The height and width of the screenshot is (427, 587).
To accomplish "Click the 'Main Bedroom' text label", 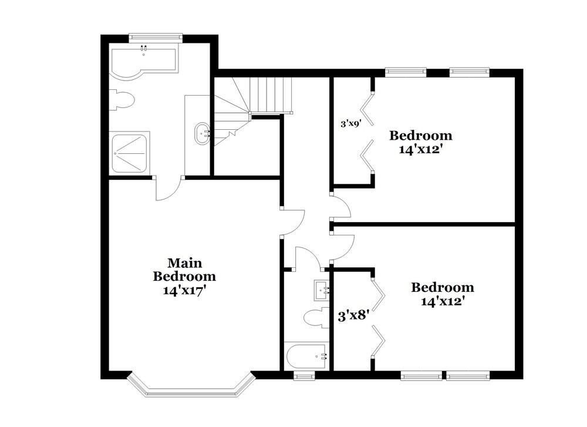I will [184, 269].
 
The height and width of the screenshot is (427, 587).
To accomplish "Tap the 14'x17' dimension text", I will [184, 290].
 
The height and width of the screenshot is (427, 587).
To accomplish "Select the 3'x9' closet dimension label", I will [350, 124].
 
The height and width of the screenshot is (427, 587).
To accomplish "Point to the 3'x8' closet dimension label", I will [352, 315].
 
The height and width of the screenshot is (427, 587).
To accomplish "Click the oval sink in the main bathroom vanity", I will [203, 133].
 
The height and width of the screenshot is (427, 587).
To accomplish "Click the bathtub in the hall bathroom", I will [307, 356].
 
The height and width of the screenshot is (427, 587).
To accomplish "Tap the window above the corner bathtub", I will [156, 37].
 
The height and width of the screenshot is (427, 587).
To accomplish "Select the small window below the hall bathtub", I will [304, 376].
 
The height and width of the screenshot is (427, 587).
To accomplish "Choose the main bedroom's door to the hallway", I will [292, 221].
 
